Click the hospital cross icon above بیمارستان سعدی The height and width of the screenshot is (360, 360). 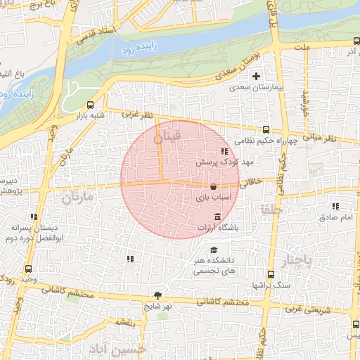click(256, 76)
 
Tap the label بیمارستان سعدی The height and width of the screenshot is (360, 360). click(257, 89)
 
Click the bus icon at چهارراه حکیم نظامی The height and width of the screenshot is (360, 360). click(266, 129)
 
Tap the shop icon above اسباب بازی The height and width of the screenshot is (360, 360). click(213, 187)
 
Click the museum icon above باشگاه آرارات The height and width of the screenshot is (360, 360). click(217, 215)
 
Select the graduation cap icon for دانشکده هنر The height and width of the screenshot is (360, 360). click(214, 250)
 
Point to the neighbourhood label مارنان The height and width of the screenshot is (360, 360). click(77, 198)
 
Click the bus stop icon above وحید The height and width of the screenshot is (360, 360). click(29, 269)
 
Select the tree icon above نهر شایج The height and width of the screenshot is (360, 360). click(157, 296)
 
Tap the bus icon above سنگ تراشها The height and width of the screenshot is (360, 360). click(271, 274)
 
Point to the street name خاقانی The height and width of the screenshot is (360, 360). click(252, 182)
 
